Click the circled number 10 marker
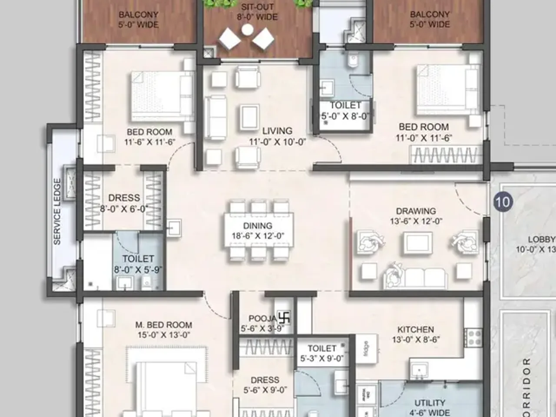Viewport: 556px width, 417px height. pos(503,202)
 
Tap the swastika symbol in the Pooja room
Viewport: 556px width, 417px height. pos(285,318)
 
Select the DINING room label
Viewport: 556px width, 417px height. pos(258,231)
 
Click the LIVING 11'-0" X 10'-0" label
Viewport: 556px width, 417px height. pos(278,136)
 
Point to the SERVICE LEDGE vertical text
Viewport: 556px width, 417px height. pos(57,211)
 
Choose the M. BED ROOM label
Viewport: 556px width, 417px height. pos(164,330)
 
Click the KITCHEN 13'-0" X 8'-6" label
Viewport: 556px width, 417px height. pos(416,334)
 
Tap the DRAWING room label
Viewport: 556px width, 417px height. pos(416,216)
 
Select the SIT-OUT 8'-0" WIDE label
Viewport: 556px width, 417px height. pos(257,12)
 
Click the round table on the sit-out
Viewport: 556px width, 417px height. pos(247,30)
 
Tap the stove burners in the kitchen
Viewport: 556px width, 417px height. pos(473,337)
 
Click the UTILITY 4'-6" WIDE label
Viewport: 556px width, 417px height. pos(429,407)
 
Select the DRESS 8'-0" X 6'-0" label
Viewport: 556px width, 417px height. pos(124,203)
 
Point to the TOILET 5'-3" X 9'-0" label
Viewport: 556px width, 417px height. pos(322,354)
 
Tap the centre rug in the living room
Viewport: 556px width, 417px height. pos(249,117)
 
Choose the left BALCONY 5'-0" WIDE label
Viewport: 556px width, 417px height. pos(139,20)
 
